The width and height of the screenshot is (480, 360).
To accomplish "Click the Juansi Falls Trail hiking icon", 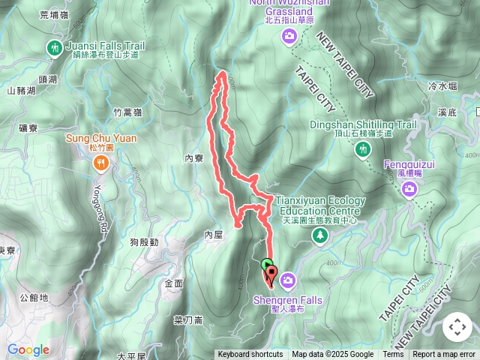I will tap(54, 49).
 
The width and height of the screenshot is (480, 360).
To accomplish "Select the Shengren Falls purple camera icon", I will tap(289, 281).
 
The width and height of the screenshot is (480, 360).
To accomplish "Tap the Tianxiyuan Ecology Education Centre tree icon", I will tap(320, 236).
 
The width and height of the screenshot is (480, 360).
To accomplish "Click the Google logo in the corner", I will tap(28, 349).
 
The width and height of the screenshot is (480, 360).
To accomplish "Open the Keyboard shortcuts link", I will tap(250, 355).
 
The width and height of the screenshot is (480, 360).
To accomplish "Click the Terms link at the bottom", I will tap(393, 355).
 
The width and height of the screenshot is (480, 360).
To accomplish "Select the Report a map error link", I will tap(444, 355).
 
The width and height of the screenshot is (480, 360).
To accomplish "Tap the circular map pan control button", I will tap(457, 327).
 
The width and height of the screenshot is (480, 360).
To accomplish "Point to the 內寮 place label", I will tap(193, 159).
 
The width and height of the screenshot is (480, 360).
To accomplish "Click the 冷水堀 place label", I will tap(442, 86).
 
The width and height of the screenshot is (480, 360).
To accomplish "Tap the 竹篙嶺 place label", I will tap(127, 112).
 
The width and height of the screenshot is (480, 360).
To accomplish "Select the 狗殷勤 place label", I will tap(143, 242).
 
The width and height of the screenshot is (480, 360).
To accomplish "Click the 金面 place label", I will tap(173, 283).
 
